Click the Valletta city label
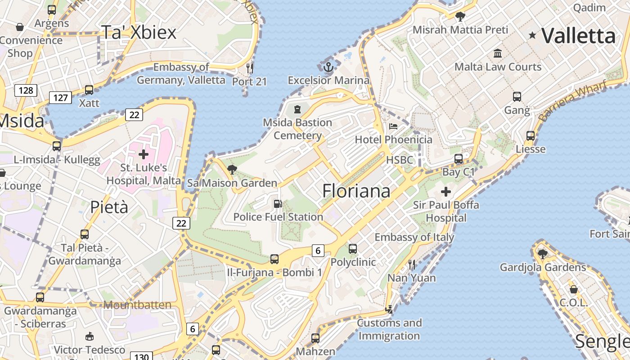(x=578, y=36)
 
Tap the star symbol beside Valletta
(x=532, y=35)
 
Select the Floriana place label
(x=356, y=191)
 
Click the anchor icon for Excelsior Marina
(x=328, y=67)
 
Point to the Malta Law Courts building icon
(x=498, y=54)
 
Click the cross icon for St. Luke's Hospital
(x=144, y=154)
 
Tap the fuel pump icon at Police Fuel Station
(x=278, y=204)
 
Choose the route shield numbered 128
(x=26, y=90)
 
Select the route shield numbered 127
(x=60, y=97)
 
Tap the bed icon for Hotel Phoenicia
(x=393, y=126)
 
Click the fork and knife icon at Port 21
(x=250, y=68)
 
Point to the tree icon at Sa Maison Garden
(x=232, y=170)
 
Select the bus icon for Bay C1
(x=459, y=159)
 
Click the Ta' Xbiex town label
(x=139, y=32)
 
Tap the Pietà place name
(x=109, y=207)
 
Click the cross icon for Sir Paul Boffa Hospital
(x=446, y=192)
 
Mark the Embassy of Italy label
(x=414, y=237)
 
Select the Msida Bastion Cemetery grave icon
(x=297, y=109)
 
